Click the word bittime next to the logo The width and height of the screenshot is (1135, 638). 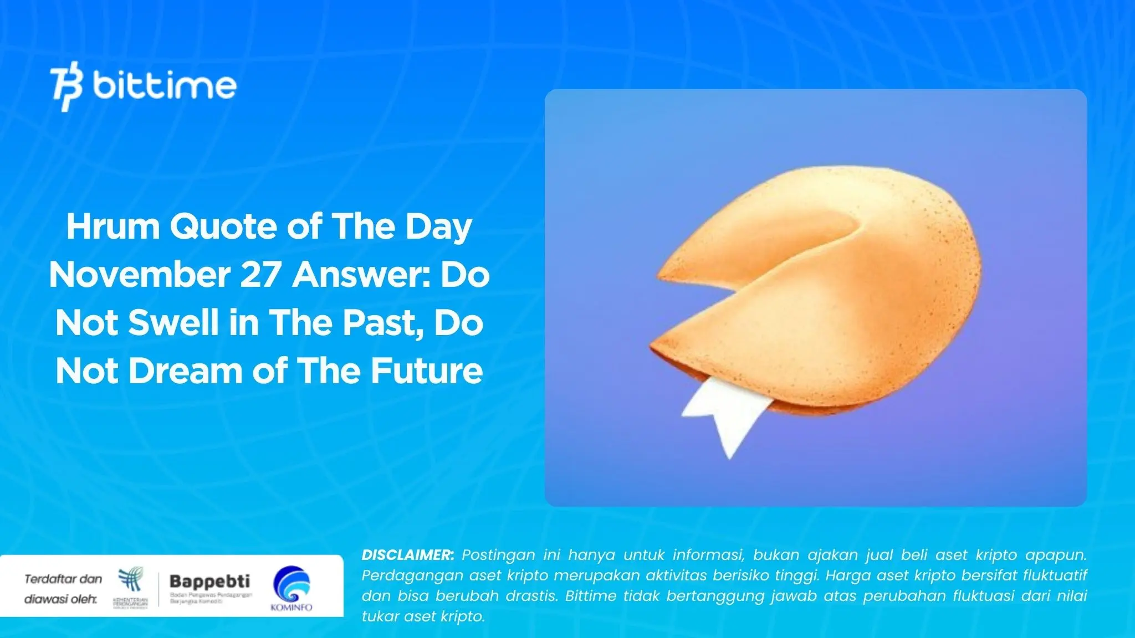(x=165, y=86)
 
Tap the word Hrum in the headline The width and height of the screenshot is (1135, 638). (x=113, y=227)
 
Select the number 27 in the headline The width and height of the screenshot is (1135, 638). (x=260, y=275)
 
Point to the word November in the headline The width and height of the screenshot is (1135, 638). (x=140, y=275)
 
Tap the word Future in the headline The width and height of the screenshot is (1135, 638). (x=427, y=371)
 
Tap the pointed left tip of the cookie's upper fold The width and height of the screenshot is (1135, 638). (x=659, y=275)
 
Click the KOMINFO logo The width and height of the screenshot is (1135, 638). (x=292, y=589)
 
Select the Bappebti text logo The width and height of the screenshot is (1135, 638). (x=209, y=582)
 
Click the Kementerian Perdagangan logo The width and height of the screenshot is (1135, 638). (x=131, y=587)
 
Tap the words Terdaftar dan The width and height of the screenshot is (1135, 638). (x=63, y=579)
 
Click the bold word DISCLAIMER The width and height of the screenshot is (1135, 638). (x=407, y=555)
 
